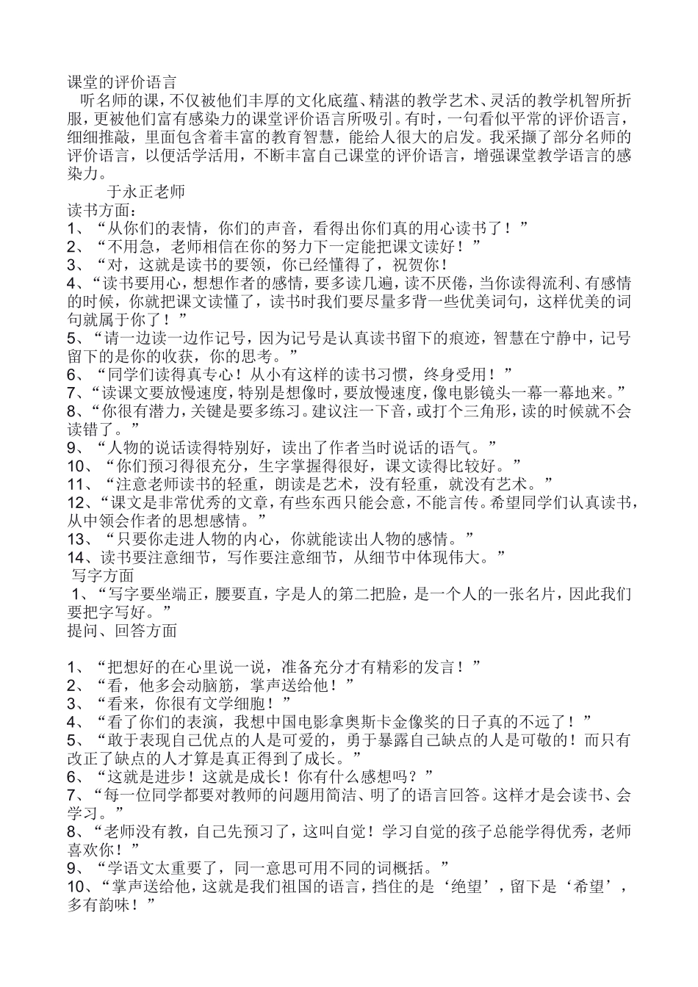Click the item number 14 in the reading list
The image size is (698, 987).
pos(75,557)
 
